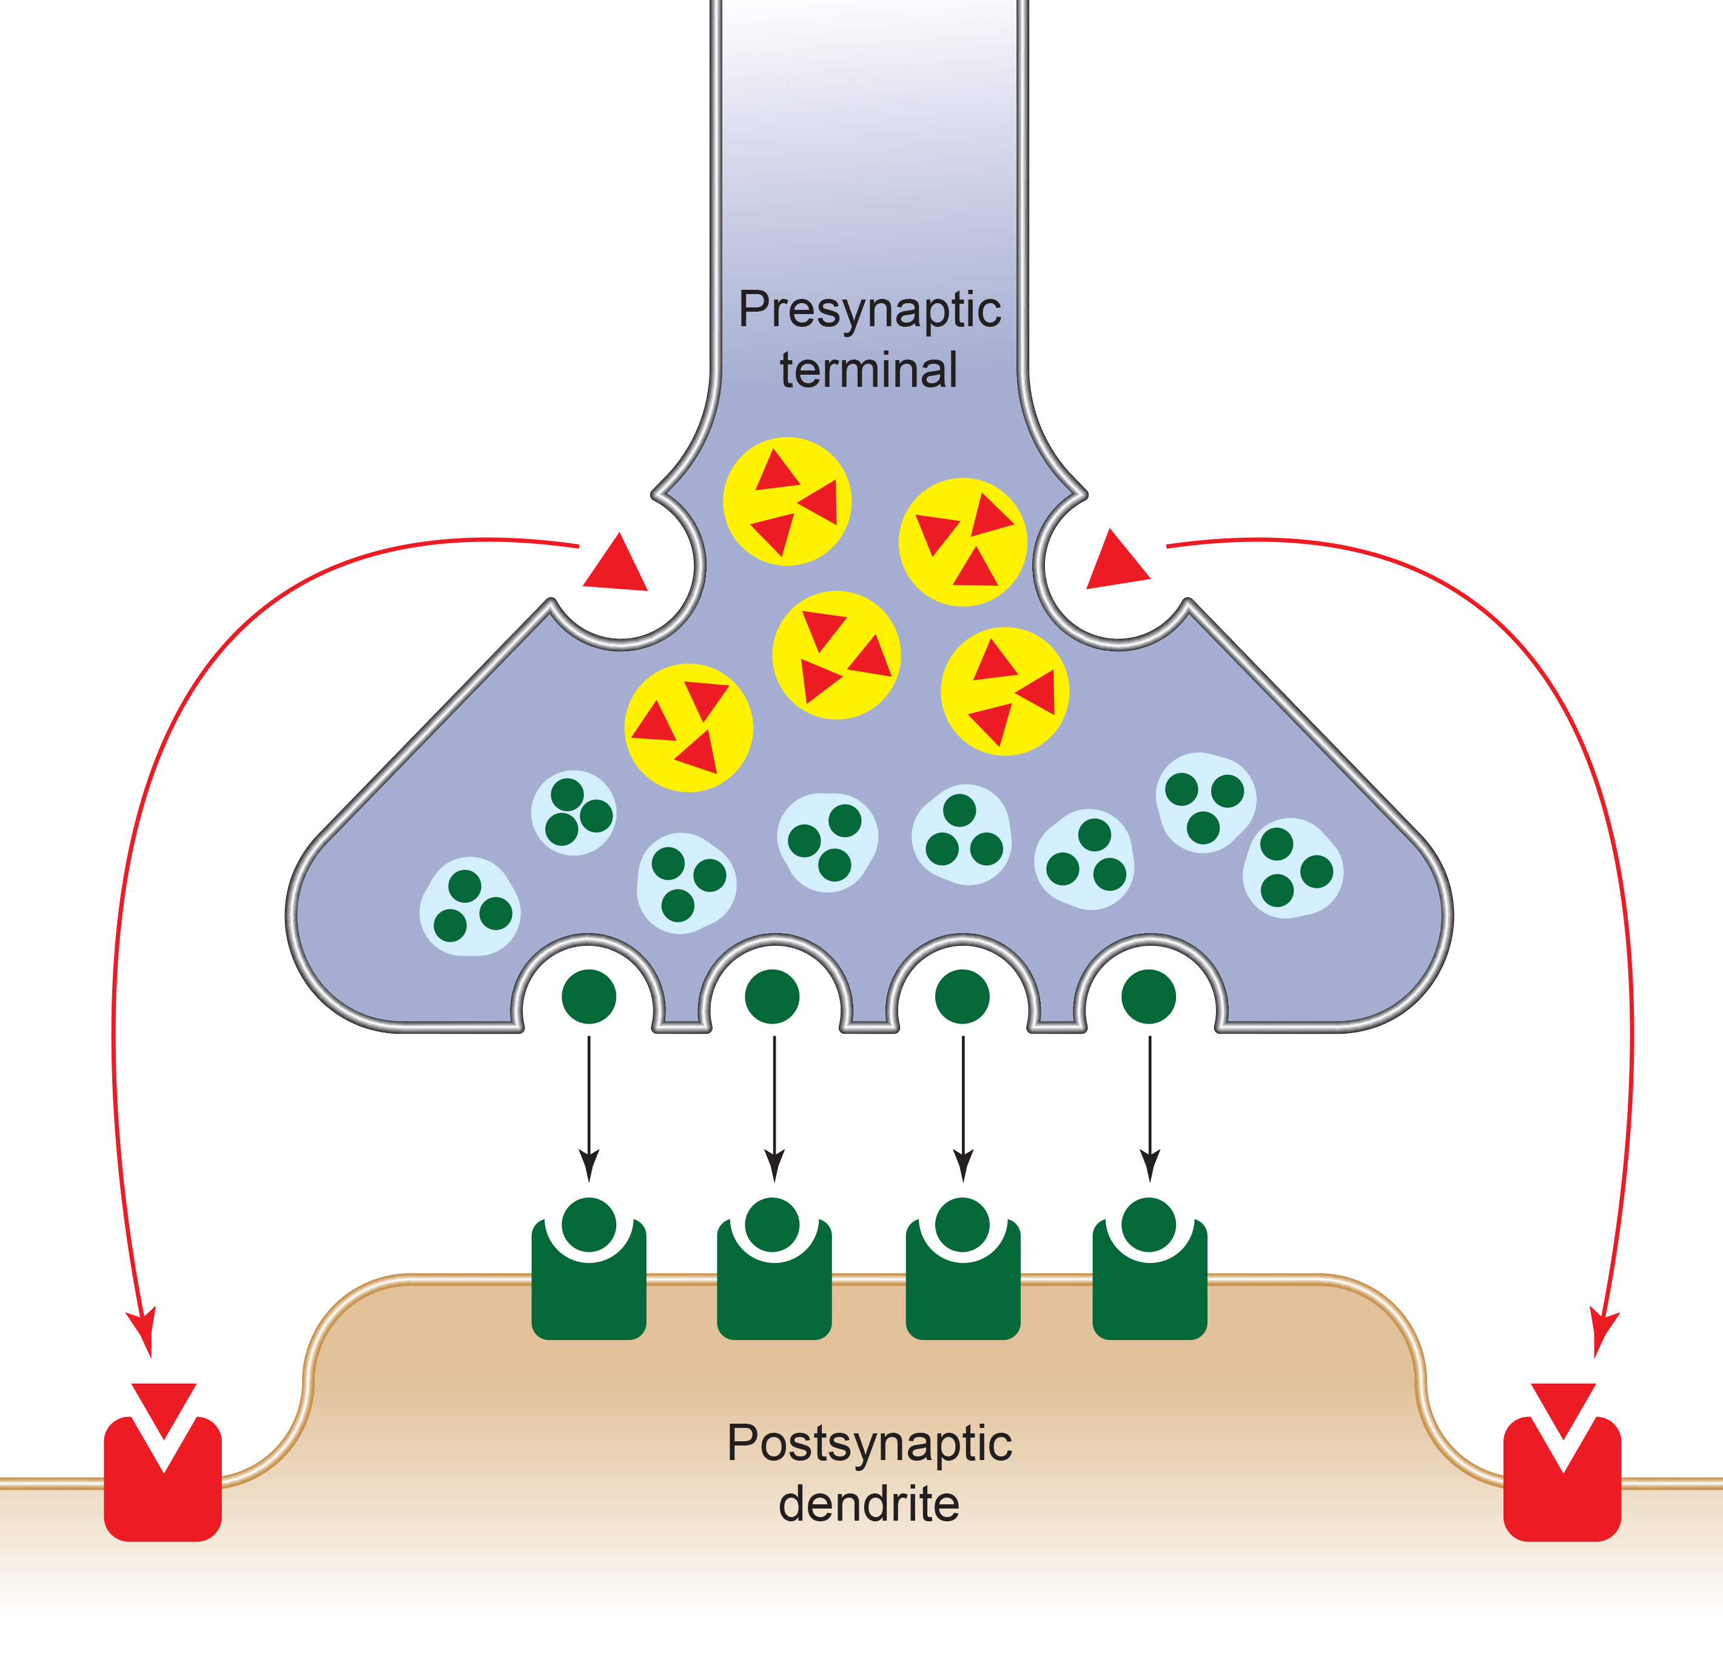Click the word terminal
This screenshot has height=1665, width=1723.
(868, 370)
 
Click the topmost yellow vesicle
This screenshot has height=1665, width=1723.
(787, 501)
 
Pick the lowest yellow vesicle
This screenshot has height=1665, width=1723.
(688, 728)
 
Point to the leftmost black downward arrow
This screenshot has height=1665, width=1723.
(589, 1108)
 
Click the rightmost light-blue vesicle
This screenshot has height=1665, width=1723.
(1292, 868)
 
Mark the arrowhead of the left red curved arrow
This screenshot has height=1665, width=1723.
(143, 1332)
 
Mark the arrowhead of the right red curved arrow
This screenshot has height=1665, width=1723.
(1602, 1332)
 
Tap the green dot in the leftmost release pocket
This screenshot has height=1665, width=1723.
(589, 997)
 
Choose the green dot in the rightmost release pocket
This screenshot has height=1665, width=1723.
(1149, 997)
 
